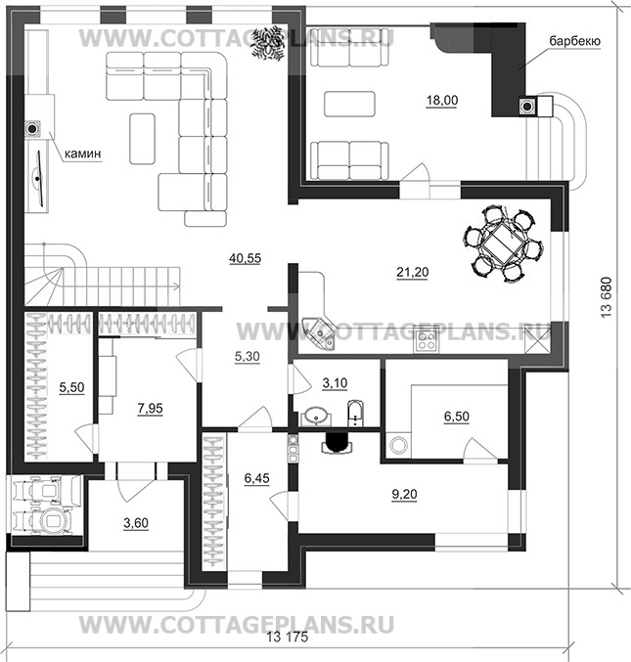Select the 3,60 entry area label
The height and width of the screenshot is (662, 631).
136,525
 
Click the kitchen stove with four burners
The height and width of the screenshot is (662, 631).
427,341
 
